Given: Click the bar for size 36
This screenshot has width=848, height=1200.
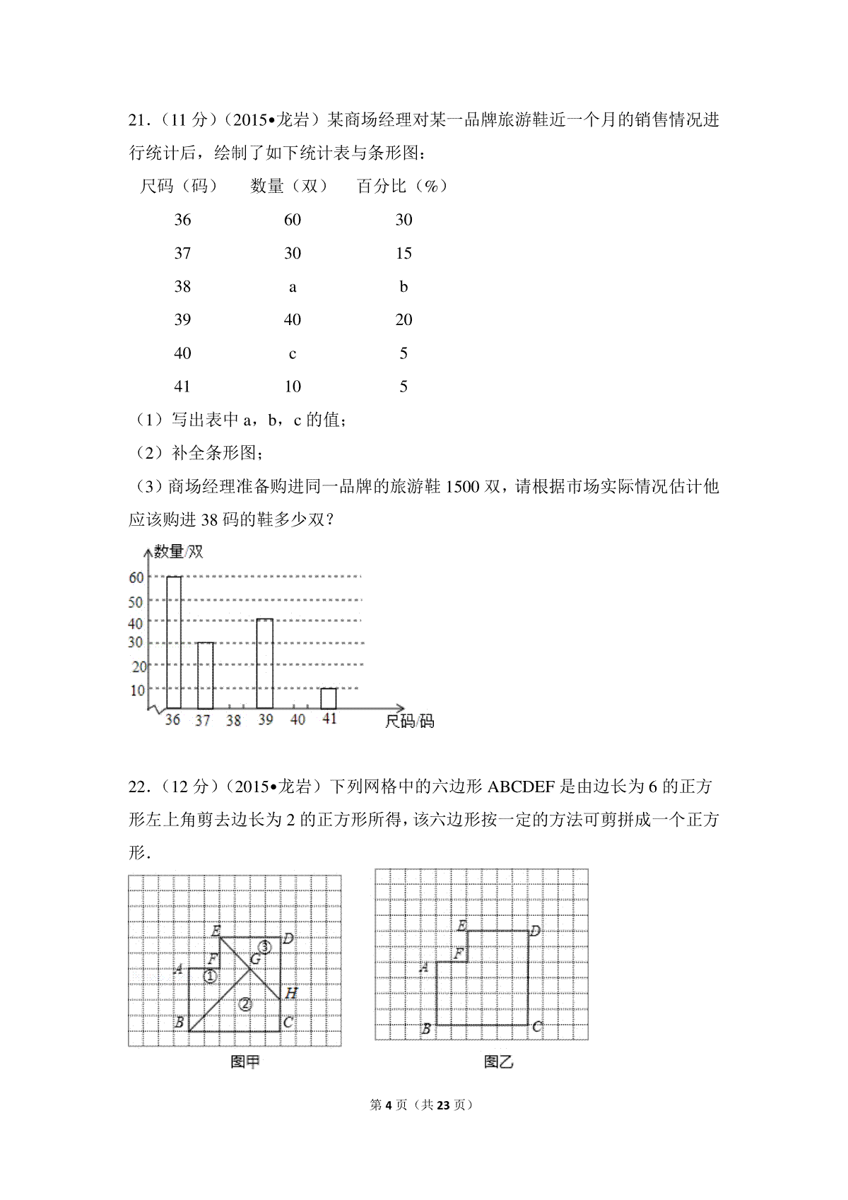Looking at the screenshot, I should point(174,642).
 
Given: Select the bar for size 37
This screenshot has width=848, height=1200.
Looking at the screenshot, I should point(205,675).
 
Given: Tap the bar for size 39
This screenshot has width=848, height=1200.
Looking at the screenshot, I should point(265,663).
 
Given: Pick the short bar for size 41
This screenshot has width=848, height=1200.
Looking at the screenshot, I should point(329,698).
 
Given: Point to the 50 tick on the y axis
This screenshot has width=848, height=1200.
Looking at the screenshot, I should point(136,601).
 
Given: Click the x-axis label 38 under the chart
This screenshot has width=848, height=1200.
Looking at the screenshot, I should point(234,720).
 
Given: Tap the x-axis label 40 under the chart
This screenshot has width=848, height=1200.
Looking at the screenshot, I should point(298,719).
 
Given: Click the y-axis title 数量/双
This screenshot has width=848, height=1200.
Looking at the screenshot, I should point(179,551).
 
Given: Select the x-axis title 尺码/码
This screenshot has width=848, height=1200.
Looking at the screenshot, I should point(409,721).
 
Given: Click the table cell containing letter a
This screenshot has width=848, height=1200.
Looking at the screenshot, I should point(293,287).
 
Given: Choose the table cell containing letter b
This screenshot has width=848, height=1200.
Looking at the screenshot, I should point(404,287).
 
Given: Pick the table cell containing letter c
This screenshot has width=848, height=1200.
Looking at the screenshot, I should point(293,353).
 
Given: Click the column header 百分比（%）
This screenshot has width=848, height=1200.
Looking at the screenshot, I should point(403,186).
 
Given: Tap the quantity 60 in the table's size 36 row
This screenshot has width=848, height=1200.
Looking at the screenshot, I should point(293,220).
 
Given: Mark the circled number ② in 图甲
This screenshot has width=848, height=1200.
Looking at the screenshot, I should point(245,1004).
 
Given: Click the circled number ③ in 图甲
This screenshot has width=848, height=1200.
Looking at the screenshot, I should point(264,946).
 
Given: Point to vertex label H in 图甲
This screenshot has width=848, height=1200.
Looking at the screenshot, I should point(291,993).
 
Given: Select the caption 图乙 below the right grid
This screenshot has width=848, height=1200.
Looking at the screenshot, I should point(498,1061).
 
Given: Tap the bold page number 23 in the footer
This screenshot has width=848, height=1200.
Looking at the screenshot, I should point(443,1105).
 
